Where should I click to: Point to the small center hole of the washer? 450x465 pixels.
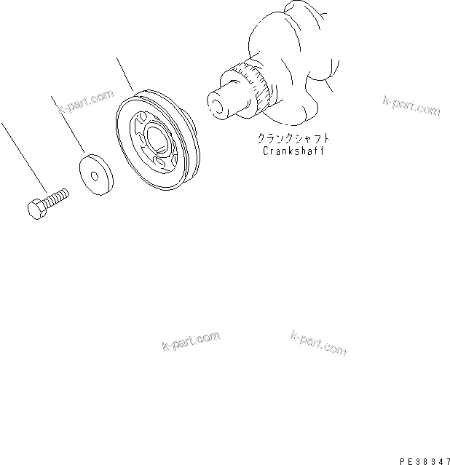[x=95, y=175]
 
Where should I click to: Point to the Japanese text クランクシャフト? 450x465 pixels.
[x=291, y=138]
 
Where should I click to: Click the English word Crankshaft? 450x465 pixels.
[x=291, y=151]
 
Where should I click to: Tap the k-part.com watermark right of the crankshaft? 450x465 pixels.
[x=411, y=106]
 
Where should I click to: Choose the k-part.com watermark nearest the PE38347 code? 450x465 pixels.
[x=318, y=342]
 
